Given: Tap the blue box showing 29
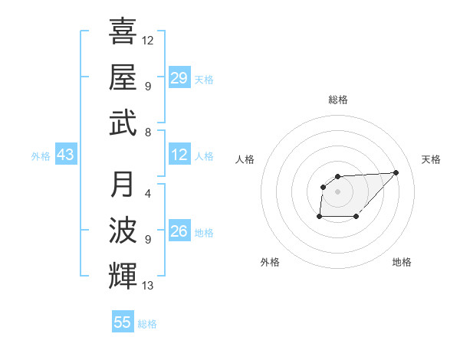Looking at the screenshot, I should [179, 78].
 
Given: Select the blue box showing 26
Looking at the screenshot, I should [179, 232].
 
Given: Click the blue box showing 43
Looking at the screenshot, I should [66, 155].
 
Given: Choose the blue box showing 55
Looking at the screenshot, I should [123, 322].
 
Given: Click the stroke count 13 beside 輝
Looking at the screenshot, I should [148, 286].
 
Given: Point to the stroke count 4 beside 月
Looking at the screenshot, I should [147, 194].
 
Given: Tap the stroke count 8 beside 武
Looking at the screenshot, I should [147, 132].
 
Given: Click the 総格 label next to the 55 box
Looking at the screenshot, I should [147, 324].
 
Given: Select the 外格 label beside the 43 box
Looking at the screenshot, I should [41, 156].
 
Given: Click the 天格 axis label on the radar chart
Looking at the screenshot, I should [431, 159].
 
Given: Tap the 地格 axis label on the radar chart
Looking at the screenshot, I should [402, 262].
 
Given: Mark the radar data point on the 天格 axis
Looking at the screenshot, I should [396, 172].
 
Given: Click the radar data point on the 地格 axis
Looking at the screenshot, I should [356, 217].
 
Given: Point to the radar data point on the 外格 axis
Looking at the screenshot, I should [319, 217].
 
